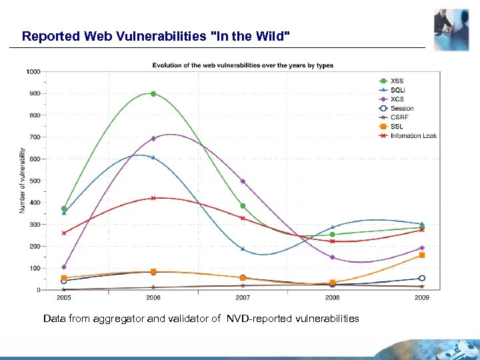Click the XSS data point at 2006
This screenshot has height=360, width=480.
coord(153,94)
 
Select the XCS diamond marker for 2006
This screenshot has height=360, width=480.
coord(153,139)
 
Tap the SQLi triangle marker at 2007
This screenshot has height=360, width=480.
coord(243,249)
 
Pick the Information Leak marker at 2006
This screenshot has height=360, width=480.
coord(153,198)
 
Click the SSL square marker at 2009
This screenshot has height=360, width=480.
coord(422,255)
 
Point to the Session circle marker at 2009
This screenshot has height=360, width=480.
coord(422,279)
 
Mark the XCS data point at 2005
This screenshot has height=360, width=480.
coord(64,267)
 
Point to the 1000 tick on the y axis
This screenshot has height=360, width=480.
coord(33,71)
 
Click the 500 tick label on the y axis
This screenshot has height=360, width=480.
coord(34,181)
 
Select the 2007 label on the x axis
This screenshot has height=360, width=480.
coord(243,298)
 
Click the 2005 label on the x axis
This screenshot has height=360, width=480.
coord(64,298)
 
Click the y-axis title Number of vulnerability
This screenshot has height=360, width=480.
coord(22,181)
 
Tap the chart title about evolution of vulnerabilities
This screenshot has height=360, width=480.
coord(243,65)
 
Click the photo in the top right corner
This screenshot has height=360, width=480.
coord(451,29)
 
